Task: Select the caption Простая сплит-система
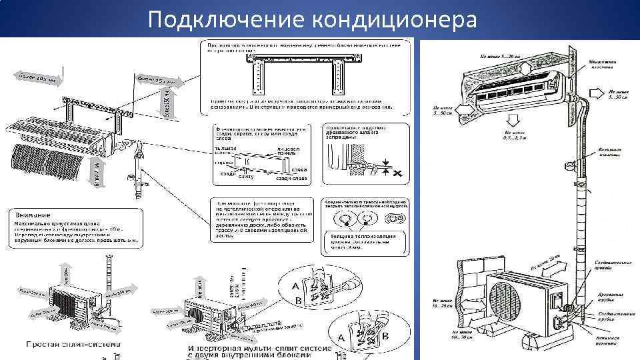(73, 344)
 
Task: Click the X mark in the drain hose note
(397, 173)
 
